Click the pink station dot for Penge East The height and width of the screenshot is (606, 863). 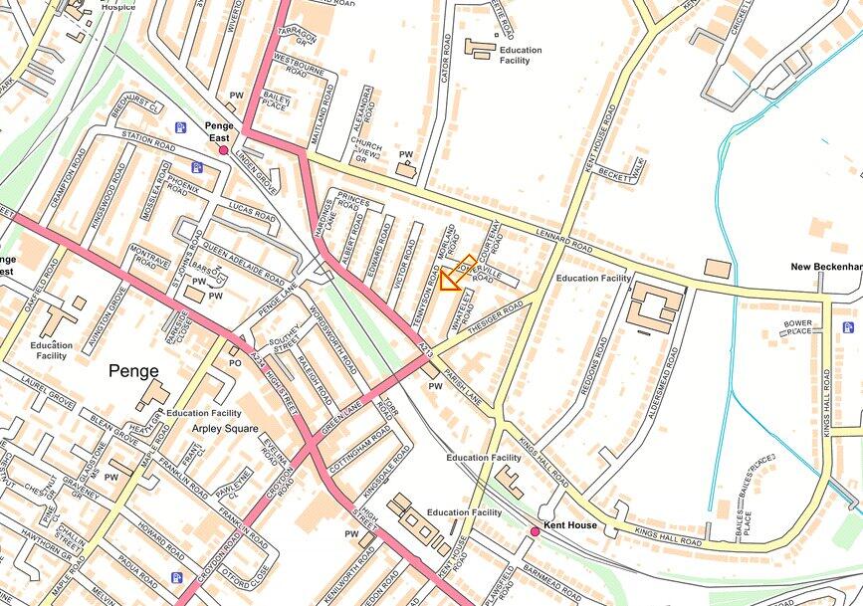coord(224,149)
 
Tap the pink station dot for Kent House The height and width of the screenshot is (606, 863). coord(535,532)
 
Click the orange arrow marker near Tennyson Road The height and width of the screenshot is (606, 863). coord(453,276)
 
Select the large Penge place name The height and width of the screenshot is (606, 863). coord(133,371)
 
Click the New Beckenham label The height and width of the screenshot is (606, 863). coord(825,267)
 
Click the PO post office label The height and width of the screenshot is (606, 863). coord(236,364)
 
